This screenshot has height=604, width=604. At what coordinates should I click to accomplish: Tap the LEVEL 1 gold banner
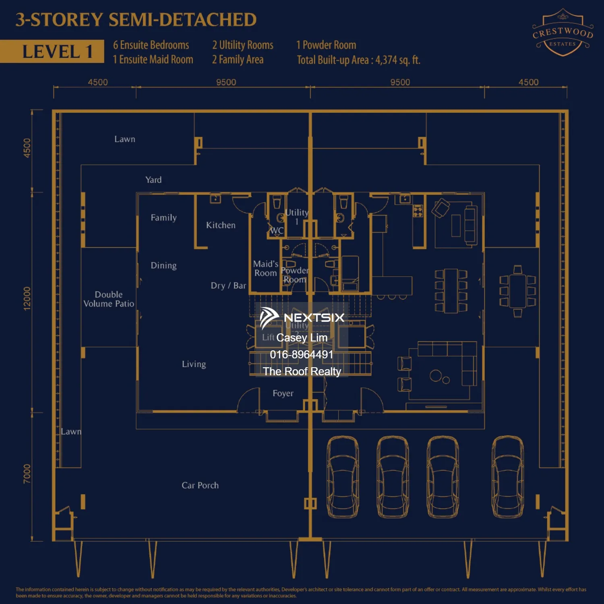tap(52, 52)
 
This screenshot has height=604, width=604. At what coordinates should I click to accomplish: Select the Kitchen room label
tap(221, 225)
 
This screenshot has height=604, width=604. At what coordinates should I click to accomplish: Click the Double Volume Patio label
tap(109, 299)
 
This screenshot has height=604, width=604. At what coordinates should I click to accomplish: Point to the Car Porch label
tap(200, 485)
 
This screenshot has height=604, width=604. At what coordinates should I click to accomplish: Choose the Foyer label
tap(283, 393)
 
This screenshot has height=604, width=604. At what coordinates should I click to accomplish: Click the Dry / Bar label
tap(228, 285)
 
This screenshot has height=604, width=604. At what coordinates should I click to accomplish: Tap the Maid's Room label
tap(266, 269)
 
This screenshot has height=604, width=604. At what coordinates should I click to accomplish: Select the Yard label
tap(153, 180)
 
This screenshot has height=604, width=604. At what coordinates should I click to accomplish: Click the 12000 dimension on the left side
tap(27, 298)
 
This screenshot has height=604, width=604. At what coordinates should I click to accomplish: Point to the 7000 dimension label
tap(27, 474)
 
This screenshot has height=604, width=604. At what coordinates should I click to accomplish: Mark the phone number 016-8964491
tap(302, 354)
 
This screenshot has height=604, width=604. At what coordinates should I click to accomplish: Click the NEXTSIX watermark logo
tap(302, 318)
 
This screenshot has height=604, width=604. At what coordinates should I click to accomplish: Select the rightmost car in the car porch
tap(508, 477)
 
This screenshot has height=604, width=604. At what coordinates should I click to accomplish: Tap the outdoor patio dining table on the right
tap(517, 291)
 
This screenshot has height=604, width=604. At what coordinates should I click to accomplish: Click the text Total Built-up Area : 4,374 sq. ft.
tap(358, 60)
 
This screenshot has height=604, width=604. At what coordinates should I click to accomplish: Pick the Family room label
tap(163, 218)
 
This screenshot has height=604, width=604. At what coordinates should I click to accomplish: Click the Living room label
tap(194, 364)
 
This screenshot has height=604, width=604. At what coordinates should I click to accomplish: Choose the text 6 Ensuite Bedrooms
tap(151, 45)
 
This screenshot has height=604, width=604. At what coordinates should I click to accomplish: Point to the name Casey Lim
tap(302, 337)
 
